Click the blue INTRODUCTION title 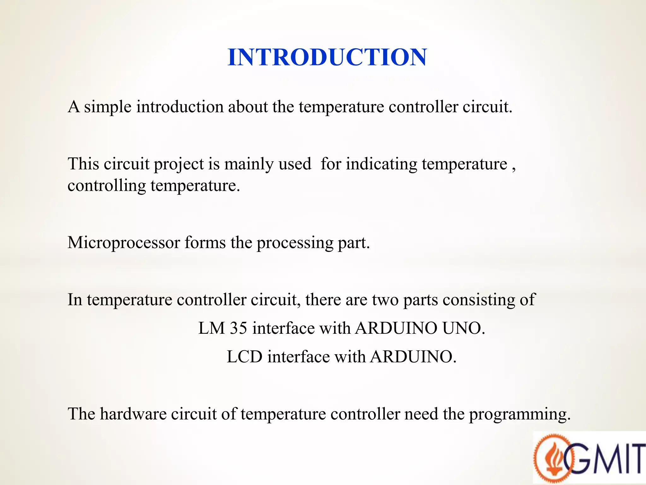[x=327, y=57]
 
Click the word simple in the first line [x=108, y=107]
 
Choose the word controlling [x=107, y=186]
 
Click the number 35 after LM [x=238, y=328]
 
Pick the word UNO [x=463, y=328]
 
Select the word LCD [x=244, y=357]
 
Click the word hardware [x=133, y=414]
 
